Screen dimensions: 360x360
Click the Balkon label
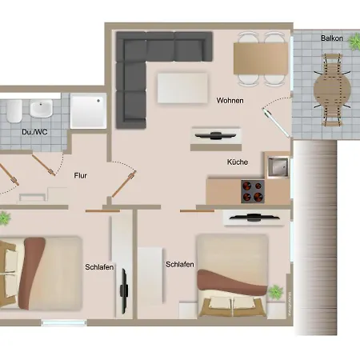[332, 38]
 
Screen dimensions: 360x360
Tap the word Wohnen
[230, 101]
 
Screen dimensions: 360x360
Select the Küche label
[238, 162]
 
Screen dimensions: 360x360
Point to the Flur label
[80, 175]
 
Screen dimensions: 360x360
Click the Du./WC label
[34, 132]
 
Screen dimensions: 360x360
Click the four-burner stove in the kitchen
[253, 191]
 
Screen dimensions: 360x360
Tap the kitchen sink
[278, 167]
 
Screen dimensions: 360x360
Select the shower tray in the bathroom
[88, 111]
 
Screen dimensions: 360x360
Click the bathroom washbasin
[41, 109]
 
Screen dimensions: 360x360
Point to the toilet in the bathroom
[14, 111]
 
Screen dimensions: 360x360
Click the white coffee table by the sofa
[182, 88]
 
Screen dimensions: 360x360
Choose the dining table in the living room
[261, 58]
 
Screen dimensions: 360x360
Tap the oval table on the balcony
[332, 90]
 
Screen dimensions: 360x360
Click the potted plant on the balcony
[354, 42]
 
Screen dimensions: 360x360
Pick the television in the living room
[215, 135]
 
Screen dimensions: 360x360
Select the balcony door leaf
[276, 122]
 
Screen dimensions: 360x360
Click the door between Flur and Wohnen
[124, 184]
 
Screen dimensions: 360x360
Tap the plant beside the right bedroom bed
[275, 292]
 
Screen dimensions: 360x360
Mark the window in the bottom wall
[64, 323]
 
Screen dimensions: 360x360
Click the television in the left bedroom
[124, 291]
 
